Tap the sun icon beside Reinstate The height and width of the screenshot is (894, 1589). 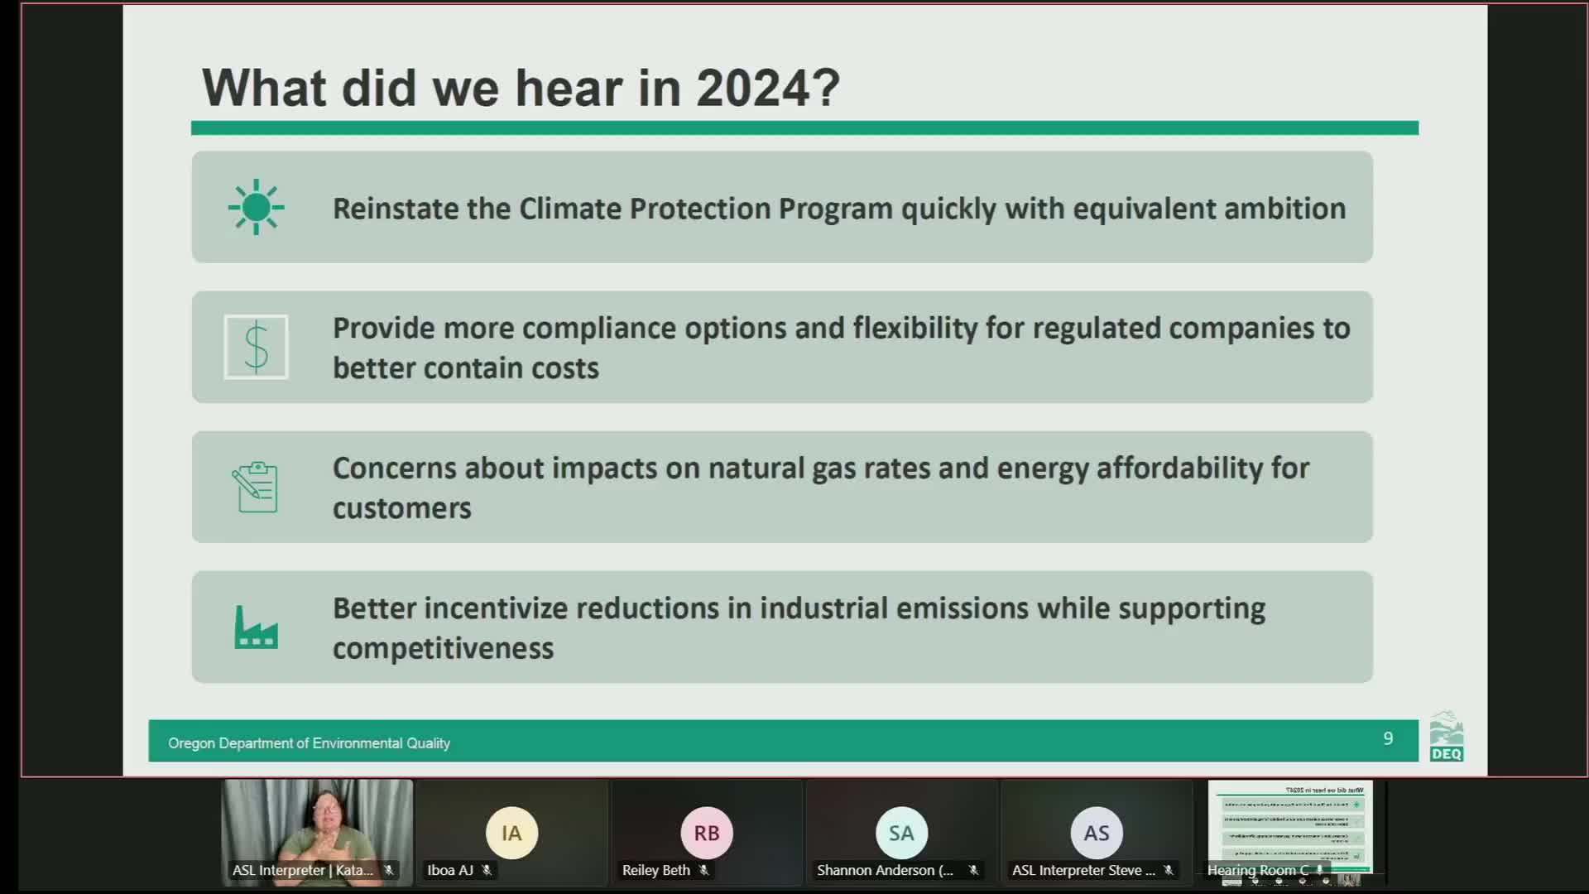point(256,207)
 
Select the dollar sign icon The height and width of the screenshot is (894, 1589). point(256,347)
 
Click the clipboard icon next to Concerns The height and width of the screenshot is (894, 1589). point(256,487)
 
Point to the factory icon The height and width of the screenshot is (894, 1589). point(256,627)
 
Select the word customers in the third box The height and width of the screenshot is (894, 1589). point(401,508)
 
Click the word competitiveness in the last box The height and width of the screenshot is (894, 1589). point(443,648)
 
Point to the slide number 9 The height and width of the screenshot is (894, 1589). point(1388,738)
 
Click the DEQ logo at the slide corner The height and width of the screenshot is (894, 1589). point(1446,737)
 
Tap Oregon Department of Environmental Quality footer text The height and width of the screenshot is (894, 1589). point(309,743)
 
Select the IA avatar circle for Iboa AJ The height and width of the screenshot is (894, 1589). point(511,833)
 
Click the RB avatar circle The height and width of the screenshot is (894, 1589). point(707,833)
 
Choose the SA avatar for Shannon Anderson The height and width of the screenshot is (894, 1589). point(901,833)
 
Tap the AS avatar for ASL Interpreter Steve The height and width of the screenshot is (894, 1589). point(1097,833)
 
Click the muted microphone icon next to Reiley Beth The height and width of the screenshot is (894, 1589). point(703,870)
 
